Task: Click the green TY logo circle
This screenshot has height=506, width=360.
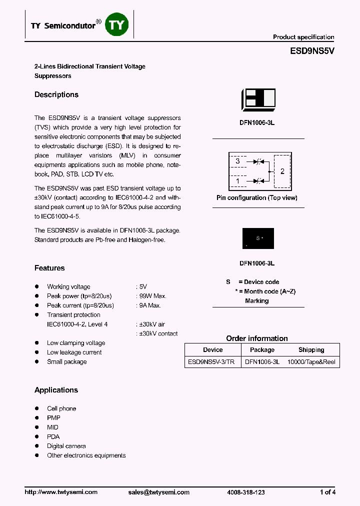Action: (x=116, y=25)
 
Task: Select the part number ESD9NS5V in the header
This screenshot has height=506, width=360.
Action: (x=312, y=51)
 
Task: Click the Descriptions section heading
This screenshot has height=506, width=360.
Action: (x=56, y=94)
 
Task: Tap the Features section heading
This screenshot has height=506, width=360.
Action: (x=49, y=268)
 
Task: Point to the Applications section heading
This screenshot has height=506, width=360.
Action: (x=56, y=390)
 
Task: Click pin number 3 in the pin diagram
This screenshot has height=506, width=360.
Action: (x=238, y=161)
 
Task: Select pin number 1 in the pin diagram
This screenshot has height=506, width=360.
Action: (x=238, y=181)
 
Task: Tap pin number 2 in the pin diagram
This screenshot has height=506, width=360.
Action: (x=282, y=171)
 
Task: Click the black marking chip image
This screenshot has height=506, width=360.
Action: (x=258, y=238)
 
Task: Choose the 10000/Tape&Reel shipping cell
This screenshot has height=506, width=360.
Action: (x=311, y=362)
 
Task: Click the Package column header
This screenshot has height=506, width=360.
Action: (x=262, y=350)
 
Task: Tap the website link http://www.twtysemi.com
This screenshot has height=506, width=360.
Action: (x=61, y=492)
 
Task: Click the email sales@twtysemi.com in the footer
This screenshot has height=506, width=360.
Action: (x=159, y=492)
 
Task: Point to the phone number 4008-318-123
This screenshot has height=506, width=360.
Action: (x=246, y=492)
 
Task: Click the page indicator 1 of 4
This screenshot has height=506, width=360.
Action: (x=327, y=492)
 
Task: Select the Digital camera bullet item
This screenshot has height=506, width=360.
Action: (x=66, y=446)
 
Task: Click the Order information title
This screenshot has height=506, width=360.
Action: (x=257, y=338)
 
